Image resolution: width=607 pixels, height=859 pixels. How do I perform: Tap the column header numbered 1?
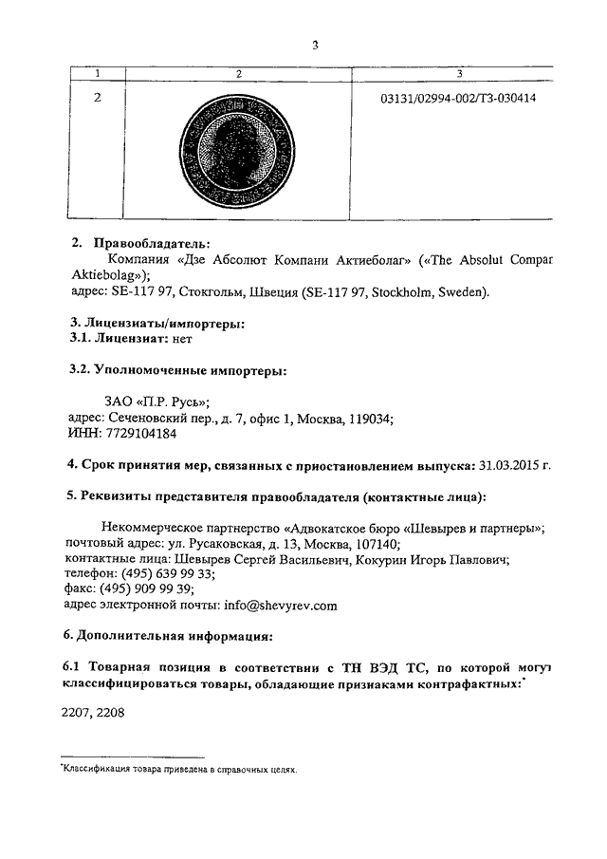click(98, 74)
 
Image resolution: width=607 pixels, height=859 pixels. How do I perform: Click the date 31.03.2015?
click(509, 465)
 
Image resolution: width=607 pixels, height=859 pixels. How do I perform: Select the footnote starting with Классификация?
click(179, 771)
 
